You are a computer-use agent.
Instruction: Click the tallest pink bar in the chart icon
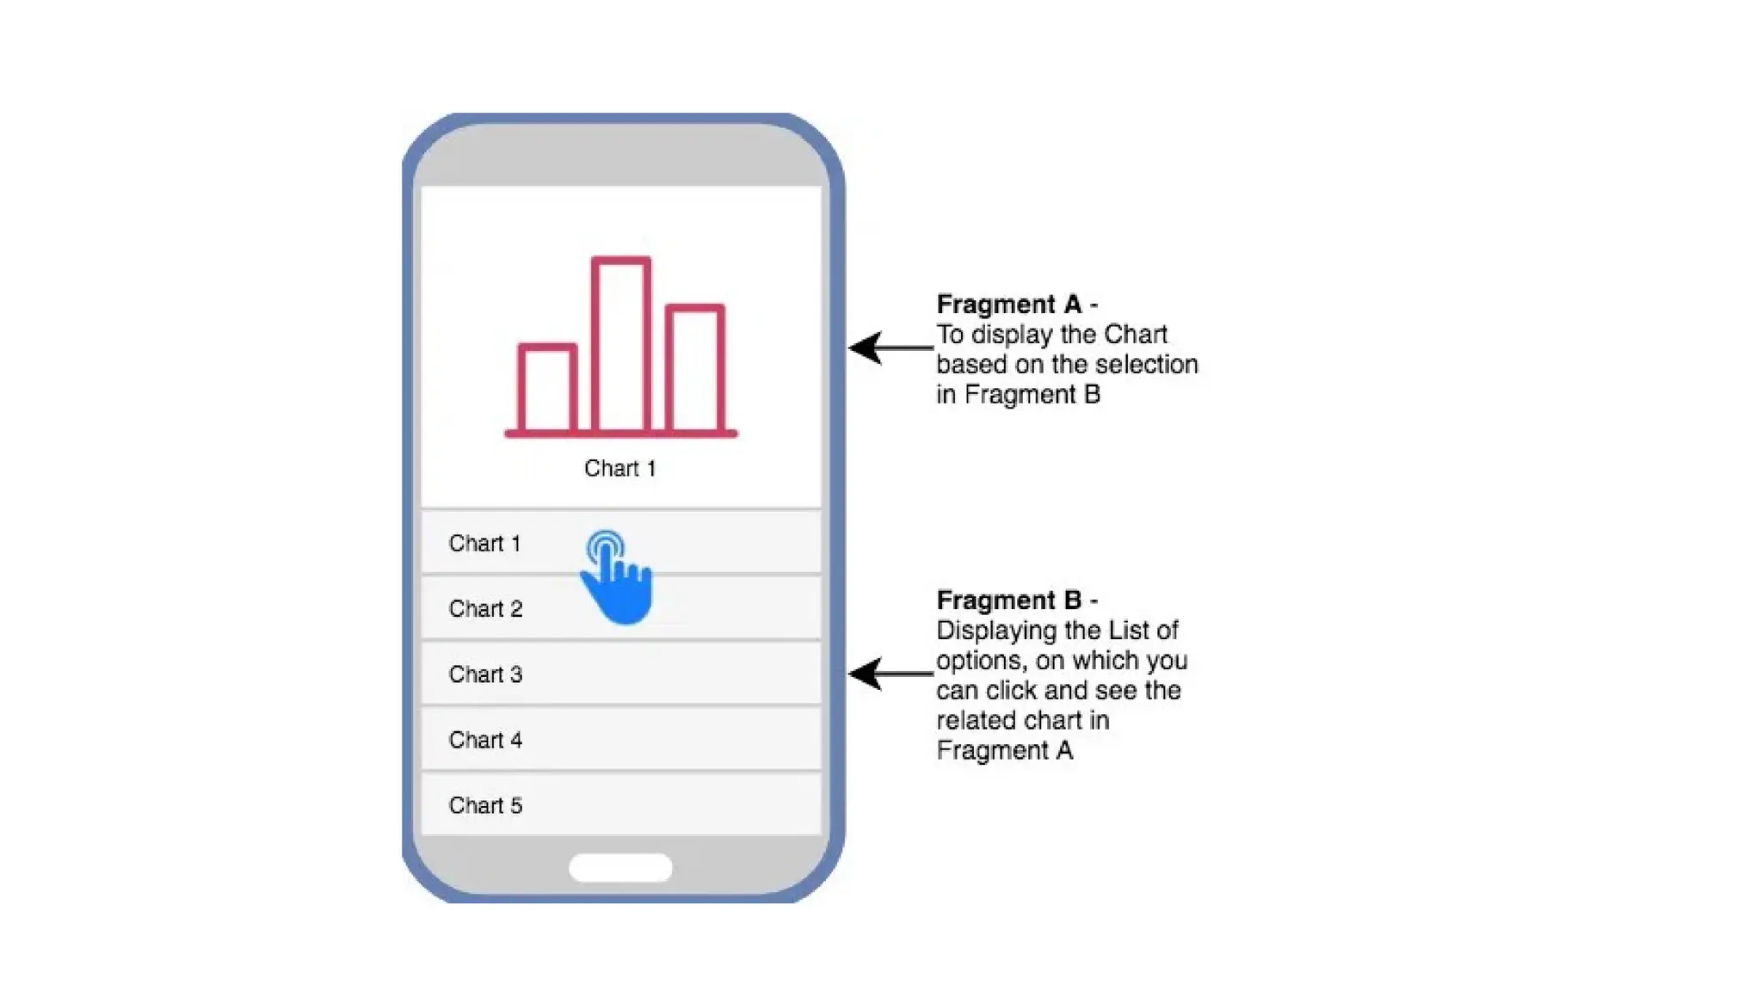(x=620, y=344)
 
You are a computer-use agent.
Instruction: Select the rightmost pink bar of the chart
(x=695, y=368)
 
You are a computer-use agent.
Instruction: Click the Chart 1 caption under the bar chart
(x=619, y=469)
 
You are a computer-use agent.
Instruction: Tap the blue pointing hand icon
(x=618, y=580)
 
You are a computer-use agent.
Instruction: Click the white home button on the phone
(x=620, y=867)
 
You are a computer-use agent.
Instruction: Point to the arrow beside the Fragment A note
(x=890, y=348)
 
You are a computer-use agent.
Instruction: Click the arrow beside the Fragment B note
(x=890, y=674)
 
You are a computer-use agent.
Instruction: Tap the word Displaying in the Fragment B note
(x=996, y=631)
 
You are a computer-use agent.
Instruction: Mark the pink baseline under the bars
(x=620, y=434)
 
